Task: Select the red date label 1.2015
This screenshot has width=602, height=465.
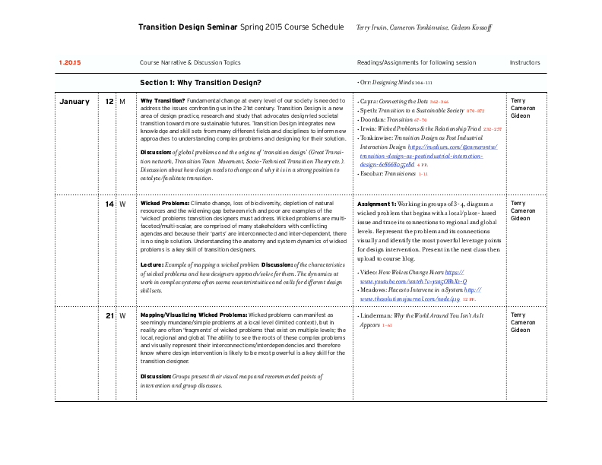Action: point(70,62)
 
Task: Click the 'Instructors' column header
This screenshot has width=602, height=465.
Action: point(524,62)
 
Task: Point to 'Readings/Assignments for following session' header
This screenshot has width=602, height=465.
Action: point(417,62)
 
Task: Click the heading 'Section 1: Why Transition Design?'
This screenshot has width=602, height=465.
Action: point(201,82)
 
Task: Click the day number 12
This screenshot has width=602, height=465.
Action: point(109,101)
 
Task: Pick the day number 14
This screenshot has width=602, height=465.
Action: point(109,204)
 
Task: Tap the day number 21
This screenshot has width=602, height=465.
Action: point(109,315)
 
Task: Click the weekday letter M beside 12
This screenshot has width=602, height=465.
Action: point(122,101)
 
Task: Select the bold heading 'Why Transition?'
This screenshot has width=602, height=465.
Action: point(163,100)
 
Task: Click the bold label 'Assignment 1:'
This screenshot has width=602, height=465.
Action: point(376,204)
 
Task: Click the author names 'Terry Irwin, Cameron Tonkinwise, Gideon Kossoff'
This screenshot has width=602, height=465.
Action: point(424,27)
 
